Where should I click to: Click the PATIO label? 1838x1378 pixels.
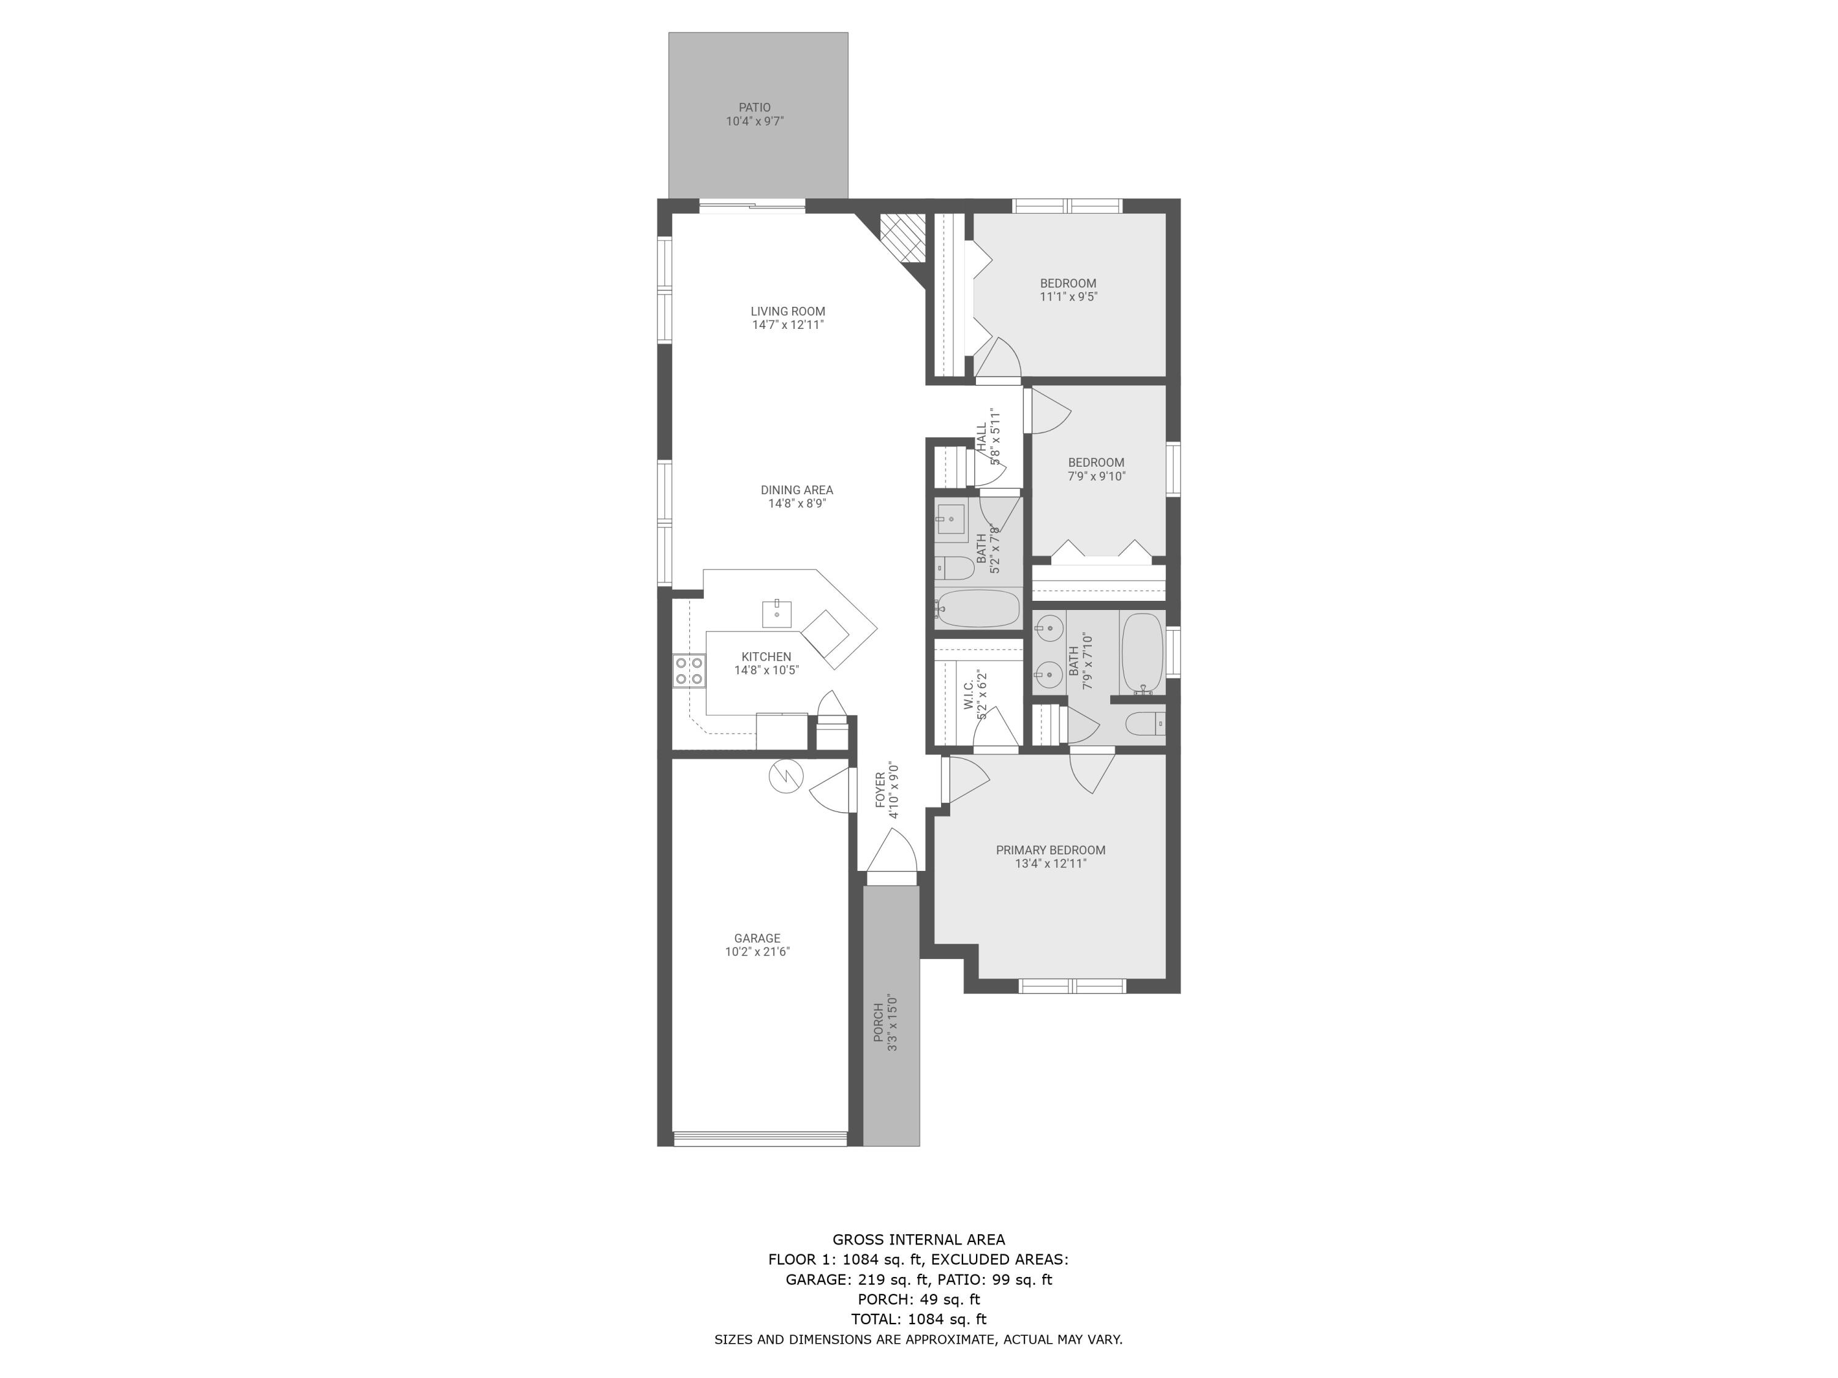pyautogui.click(x=754, y=107)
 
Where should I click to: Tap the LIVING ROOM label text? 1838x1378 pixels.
pyautogui.click(x=788, y=312)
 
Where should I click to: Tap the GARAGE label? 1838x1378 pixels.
pyautogui.click(x=757, y=939)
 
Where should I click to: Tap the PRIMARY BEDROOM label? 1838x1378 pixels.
pyautogui.click(x=1050, y=849)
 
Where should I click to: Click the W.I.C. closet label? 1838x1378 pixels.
pyautogui.click(x=969, y=695)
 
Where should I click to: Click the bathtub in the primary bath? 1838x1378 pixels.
pyautogui.click(x=1141, y=653)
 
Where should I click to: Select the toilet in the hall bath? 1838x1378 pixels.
pyautogui.click(x=955, y=569)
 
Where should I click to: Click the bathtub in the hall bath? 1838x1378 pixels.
pyautogui.click(x=977, y=609)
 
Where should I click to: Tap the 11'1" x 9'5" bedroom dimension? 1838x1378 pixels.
pyautogui.click(x=1068, y=296)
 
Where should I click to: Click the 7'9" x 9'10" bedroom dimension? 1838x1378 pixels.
pyautogui.click(x=1096, y=476)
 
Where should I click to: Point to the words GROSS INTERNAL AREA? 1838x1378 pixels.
pyautogui.click(x=918, y=1240)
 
